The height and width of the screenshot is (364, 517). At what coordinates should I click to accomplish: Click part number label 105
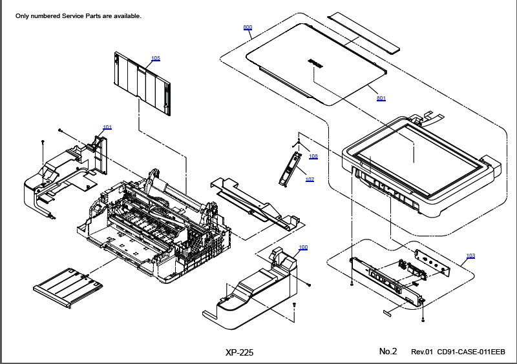156,59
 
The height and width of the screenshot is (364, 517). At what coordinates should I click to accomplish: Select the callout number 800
248,27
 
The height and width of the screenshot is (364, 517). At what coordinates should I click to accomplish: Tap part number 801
381,98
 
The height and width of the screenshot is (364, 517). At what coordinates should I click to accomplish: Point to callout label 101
107,127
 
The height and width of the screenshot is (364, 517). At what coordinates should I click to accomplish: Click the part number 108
313,156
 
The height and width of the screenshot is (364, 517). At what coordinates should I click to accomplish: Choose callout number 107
310,179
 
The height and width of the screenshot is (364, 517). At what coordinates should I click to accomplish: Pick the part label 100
303,248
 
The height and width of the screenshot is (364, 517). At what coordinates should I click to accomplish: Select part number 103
470,256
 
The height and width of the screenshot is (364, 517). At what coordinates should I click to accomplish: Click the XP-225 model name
239,352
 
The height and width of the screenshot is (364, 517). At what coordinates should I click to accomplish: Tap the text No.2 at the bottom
388,351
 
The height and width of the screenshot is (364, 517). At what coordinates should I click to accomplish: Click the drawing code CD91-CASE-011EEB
471,352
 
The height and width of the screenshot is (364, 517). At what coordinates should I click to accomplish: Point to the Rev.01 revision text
422,352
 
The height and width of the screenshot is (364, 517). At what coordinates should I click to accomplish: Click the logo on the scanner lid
314,63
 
